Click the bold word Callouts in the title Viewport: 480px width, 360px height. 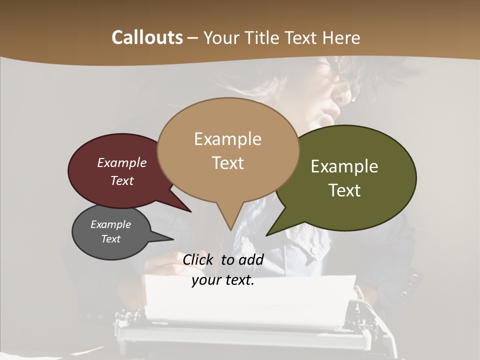pos(147,37)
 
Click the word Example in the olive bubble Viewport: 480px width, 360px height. pos(344,166)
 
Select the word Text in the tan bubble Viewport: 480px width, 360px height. pos(228,163)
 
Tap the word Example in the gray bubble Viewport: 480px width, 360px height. pos(110,224)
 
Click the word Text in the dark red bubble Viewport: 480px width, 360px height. pos(122,180)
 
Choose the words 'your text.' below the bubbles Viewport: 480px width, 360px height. pos(223,280)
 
